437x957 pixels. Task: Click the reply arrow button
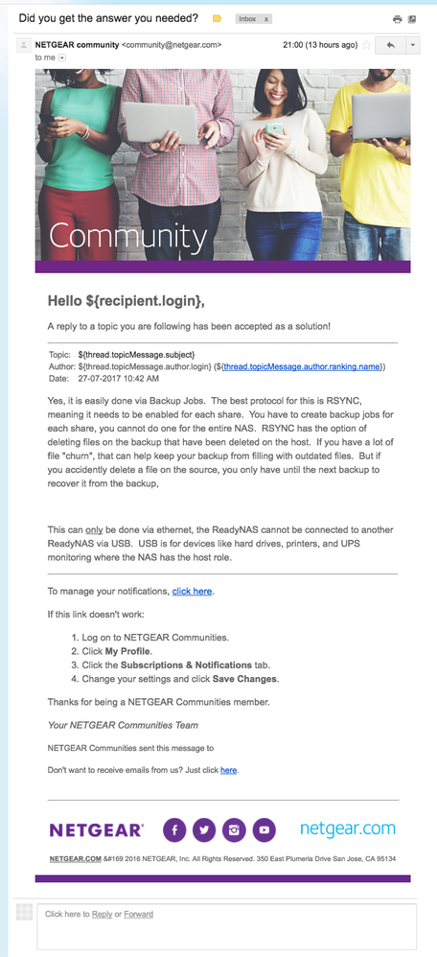point(389,45)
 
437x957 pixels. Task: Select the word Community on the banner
point(127,237)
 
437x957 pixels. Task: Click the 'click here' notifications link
point(192,591)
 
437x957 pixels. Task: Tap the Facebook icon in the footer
point(174,829)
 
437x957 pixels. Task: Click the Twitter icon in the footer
point(204,829)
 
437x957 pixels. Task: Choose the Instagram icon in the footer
point(234,829)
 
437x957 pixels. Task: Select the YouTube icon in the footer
point(264,829)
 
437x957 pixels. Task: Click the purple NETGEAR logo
point(97,829)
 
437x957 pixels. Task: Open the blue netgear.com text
point(347,829)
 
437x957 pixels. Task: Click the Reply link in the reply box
point(102,914)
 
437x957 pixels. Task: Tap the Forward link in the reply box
point(138,914)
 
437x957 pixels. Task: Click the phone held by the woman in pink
point(275,128)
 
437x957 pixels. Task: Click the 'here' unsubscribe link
point(228,770)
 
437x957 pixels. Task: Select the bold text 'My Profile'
point(129,651)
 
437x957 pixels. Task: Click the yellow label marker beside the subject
point(217,18)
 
